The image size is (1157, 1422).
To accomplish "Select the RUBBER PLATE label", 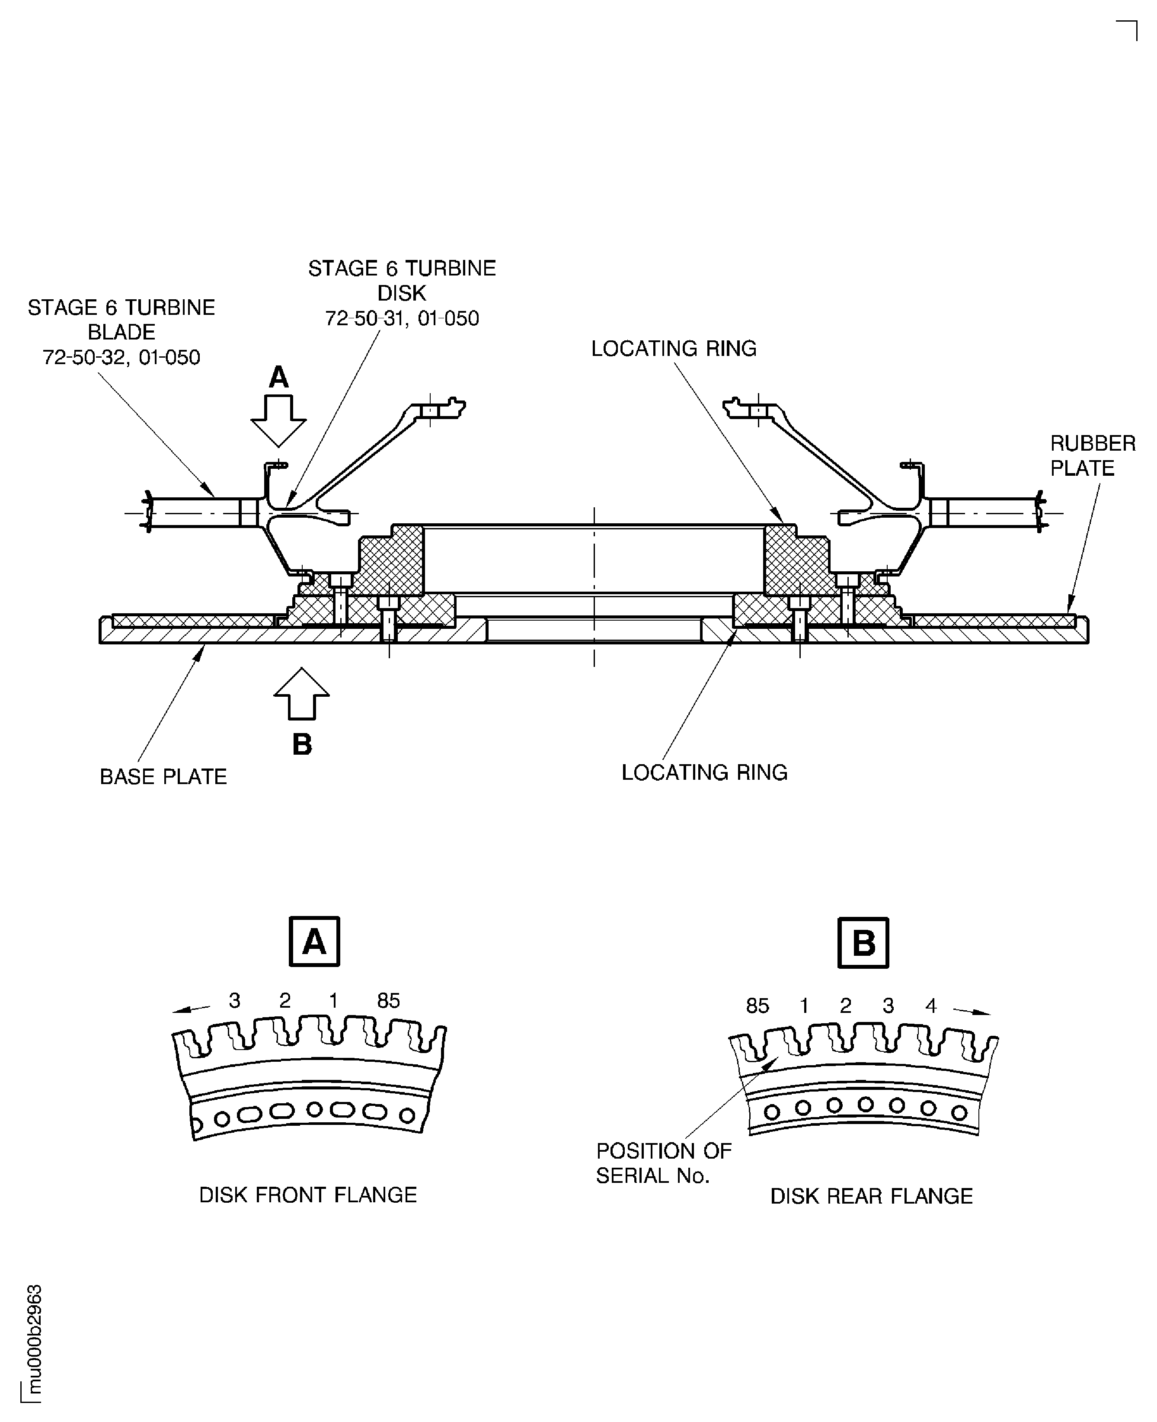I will click(x=1092, y=456).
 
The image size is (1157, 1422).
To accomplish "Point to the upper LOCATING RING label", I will click(x=674, y=349).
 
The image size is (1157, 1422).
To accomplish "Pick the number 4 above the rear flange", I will click(x=931, y=1006).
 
